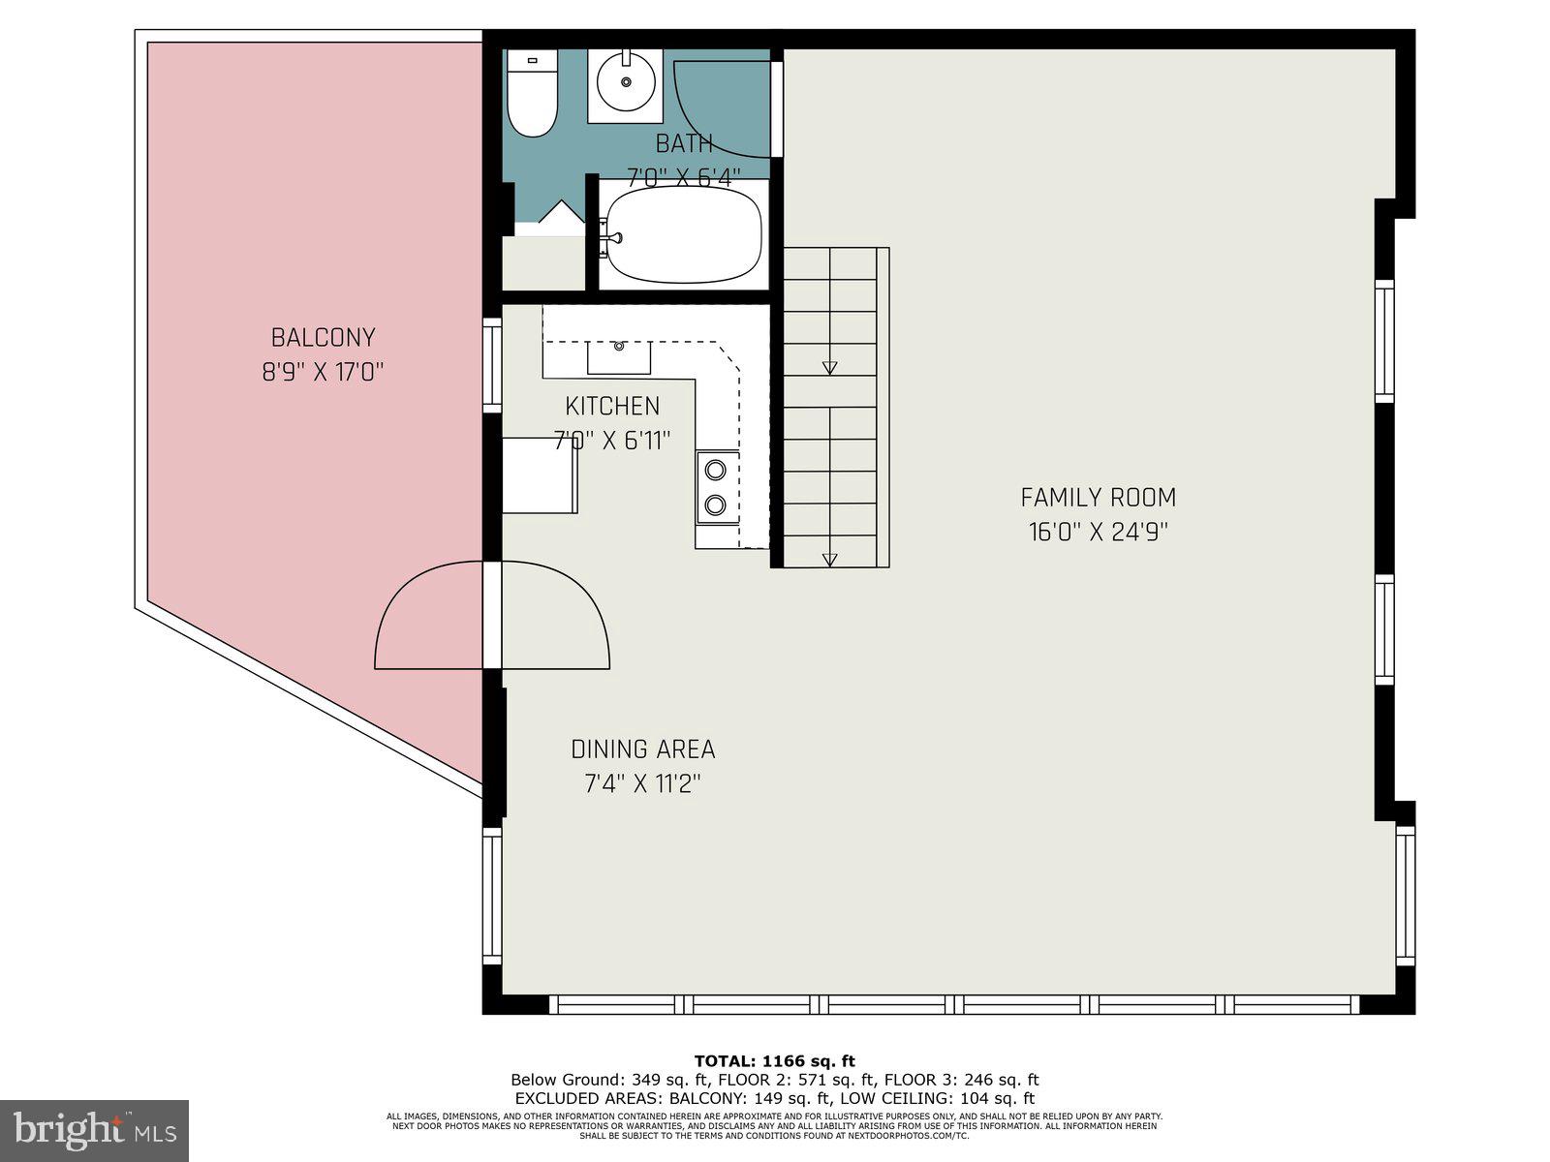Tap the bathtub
(683, 236)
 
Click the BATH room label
(684, 144)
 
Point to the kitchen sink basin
(619, 357)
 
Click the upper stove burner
(715, 471)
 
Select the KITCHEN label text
(612, 406)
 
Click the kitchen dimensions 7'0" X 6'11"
(612, 441)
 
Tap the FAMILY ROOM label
(1098, 498)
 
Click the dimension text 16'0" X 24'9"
(1098, 533)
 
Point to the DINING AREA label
(642, 749)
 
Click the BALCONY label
(323, 338)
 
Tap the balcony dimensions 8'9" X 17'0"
(323, 373)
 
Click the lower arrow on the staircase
(829, 560)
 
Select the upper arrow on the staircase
(829, 368)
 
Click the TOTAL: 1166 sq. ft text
(774, 1061)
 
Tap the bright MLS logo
(94, 1130)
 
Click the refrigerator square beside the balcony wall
(540, 474)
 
